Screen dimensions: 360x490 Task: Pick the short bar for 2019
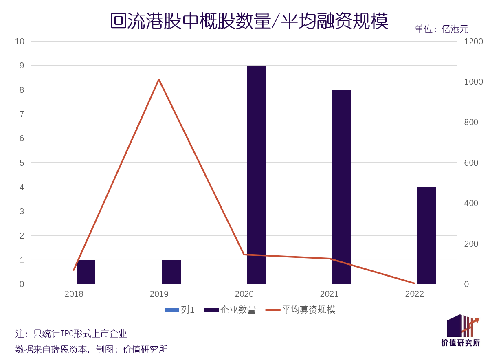tap(171, 272)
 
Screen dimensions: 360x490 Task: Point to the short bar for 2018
tap(86, 272)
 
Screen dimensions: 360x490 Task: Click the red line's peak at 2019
tap(159, 79)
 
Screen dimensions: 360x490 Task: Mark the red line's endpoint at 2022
tap(414, 283)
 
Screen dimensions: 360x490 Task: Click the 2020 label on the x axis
tap(244, 294)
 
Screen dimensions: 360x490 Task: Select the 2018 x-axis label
tap(74, 294)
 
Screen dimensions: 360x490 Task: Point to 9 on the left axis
tap(22, 66)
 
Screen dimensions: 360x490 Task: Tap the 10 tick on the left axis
tap(20, 42)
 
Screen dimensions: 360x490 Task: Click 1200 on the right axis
tap(473, 42)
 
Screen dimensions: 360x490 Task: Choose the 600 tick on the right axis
tap(471, 163)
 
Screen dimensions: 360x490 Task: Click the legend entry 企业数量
tap(238, 310)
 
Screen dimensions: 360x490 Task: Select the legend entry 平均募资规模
tap(308, 310)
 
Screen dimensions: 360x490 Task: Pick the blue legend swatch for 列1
tap(172, 310)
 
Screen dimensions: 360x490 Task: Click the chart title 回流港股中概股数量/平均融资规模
tap(249, 21)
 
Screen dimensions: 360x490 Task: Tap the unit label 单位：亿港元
tap(441, 29)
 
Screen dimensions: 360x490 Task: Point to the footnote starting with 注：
tap(71, 334)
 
